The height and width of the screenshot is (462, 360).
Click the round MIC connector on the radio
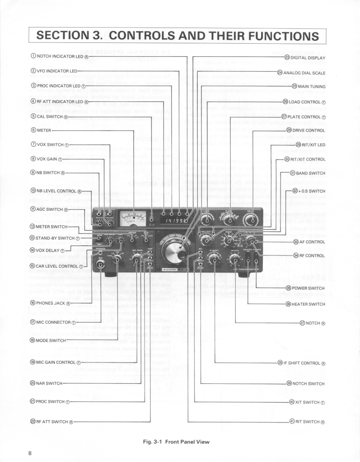[x=100, y=263]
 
